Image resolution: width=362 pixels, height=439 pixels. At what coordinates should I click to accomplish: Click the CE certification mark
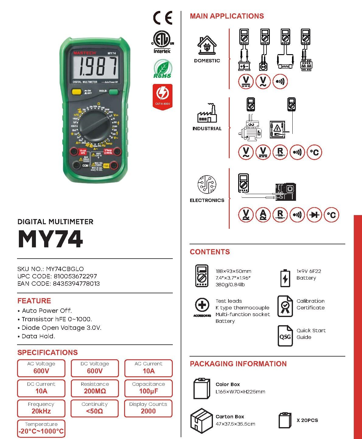point(162,18)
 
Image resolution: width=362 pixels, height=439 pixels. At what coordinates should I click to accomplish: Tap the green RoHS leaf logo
point(162,69)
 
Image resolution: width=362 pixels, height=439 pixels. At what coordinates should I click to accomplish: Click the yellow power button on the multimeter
point(76,92)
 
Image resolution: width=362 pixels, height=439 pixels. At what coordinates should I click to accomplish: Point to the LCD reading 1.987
point(95,67)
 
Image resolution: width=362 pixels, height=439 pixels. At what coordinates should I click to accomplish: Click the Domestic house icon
point(207,46)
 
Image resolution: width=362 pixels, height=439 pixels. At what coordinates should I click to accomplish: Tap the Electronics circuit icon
point(207,184)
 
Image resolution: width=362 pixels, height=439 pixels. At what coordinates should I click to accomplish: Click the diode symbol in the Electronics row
point(314,215)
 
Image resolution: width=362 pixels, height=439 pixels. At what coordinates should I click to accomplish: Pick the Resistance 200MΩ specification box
point(95,388)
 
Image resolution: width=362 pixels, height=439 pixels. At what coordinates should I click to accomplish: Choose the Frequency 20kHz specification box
point(41,408)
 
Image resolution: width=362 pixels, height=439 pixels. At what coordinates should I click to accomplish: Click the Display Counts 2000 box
point(148,408)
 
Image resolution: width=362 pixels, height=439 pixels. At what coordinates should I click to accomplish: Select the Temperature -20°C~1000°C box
point(41,428)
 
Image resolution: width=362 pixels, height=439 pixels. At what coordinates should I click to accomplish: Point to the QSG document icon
point(285,336)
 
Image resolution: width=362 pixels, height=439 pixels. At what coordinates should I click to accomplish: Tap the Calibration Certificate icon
point(285,306)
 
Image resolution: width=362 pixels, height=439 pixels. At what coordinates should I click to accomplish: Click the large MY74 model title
point(50,239)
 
